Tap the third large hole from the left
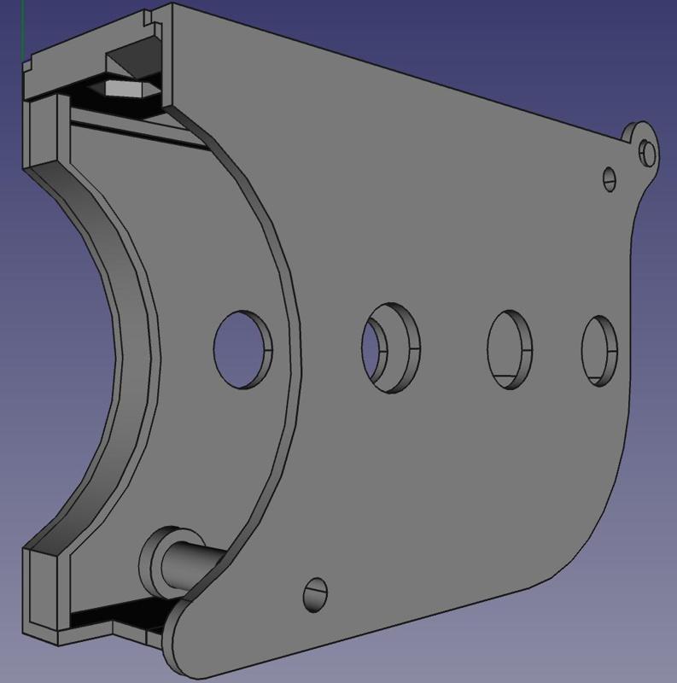click(x=510, y=348)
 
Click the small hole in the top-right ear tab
click(x=646, y=153)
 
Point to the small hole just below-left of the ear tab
click(x=610, y=178)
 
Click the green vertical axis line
click(x=22, y=26)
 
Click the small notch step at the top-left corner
click(x=27, y=65)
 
